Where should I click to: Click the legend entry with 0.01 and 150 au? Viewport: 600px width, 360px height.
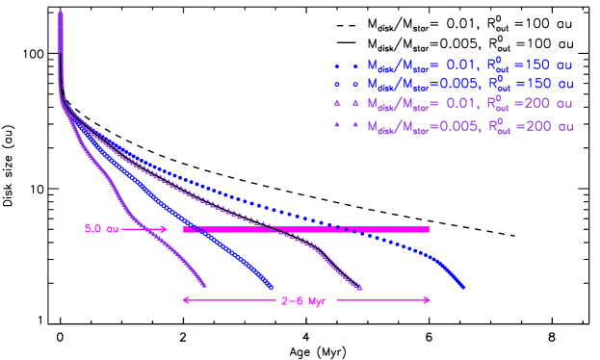(453, 65)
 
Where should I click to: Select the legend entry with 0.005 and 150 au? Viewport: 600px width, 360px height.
(453, 84)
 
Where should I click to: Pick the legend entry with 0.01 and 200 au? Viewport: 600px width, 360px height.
(453, 103)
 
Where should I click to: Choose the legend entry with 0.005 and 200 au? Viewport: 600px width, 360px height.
(453, 125)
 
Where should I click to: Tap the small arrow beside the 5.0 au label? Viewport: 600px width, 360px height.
(144, 229)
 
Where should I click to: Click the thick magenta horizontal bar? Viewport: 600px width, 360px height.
(305, 229)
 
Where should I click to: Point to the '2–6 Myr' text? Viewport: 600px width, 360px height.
(305, 300)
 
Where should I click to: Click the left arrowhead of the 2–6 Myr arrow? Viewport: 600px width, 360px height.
(184, 300)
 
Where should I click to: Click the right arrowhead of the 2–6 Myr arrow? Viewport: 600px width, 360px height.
(428, 300)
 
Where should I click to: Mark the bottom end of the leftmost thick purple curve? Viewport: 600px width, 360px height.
(205, 286)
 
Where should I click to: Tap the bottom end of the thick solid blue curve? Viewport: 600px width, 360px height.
(272, 286)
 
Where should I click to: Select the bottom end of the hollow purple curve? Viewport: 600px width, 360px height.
(361, 288)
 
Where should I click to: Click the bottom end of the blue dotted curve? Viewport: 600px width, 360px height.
(464, 287)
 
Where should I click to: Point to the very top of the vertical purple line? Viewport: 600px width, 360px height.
(61, 13)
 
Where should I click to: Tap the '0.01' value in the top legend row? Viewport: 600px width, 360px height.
(447, 65)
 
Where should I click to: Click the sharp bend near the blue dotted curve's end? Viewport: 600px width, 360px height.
(439, 259)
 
